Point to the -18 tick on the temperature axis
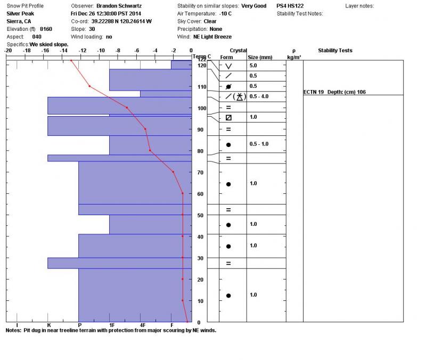tap(27, 51)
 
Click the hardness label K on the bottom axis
tap(48, 325)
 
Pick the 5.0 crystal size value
tap(253, 66)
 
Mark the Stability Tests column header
tap(335, 51)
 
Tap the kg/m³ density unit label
tap(294, 57)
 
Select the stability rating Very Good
tap(252, 6)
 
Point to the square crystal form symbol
tap(228, 117)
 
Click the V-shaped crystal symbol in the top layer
tap(228, 66)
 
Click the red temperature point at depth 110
tap(89, 86)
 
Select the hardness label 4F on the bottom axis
tap(142, 325)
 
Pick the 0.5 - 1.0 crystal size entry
tap(259, 144)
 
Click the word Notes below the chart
tap(13, 330)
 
